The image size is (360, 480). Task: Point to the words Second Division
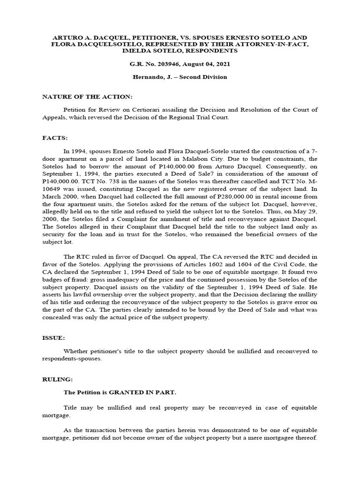click(x=204, y=77)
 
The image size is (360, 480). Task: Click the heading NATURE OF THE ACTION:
click(x=88, y=97)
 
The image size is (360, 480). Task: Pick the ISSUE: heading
click(x=55, y=337)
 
